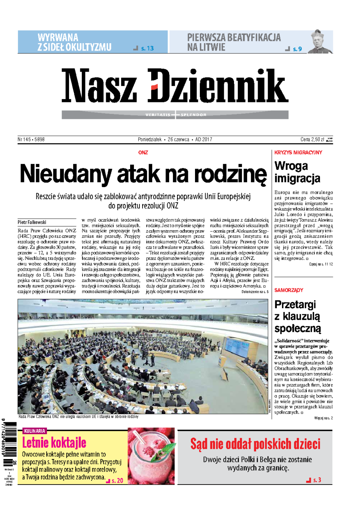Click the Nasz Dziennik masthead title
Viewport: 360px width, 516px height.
[x=175, y=86]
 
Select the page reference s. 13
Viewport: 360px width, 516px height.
[x=147, y=48]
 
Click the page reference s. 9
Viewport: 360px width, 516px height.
[x=297, y=49]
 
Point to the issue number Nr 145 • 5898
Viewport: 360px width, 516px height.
[x=31, y=139]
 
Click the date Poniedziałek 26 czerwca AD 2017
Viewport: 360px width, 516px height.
[x=175, y=139]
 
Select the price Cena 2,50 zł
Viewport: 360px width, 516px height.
[x=312, y=139]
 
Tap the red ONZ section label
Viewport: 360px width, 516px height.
[x=143, y=153]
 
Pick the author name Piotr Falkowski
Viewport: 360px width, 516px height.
[x=32, y=222]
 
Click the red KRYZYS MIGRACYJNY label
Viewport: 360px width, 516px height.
[x=298, y=153]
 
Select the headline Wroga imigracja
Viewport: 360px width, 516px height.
[x=297, y=172]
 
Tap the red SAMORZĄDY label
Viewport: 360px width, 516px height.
[x=289, y=290]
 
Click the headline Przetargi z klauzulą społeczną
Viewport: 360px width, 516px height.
[x=298, y=316]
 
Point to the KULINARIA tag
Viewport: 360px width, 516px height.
[x=34, y=431]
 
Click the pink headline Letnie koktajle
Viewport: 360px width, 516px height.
[x=54, y=443]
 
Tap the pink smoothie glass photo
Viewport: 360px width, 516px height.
[x=151, y=456]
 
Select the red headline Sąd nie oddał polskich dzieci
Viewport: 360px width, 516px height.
[x=255, y=444]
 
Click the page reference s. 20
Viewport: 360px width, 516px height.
[x=117, y=481]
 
